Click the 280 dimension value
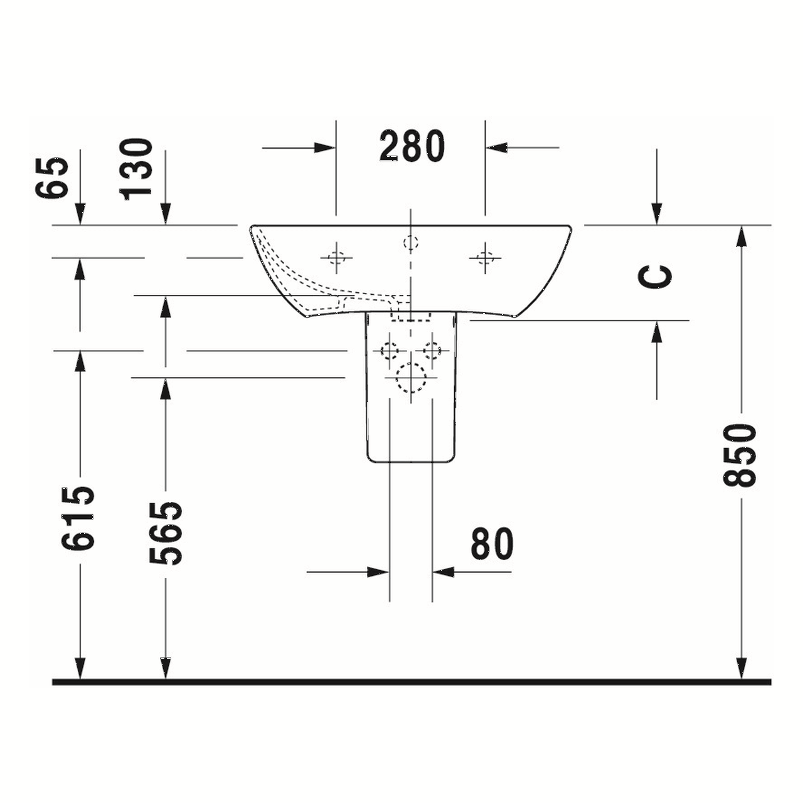coord(412,147)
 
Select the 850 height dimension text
coord(740,455)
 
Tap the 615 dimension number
coord(78,518)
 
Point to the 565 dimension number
coord(166,533)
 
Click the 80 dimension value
coord(492,544)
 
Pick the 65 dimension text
coord(52,178)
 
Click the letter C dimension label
coord(656,277)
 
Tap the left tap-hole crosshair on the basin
coord(336,257)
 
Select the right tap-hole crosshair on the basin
coord(485,257)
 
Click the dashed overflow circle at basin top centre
coord(410,242)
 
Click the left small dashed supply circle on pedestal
coord(390,350)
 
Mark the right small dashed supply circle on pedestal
coord(432,350)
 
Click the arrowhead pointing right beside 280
coord(325,148)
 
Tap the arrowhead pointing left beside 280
coord(496,148)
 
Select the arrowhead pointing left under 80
coord(443,572)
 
